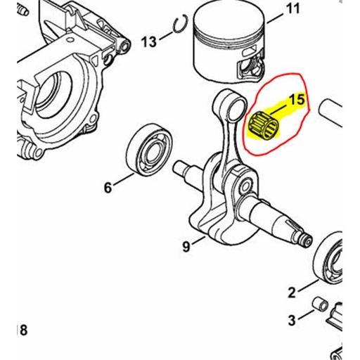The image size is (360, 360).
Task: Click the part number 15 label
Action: click(297, 99)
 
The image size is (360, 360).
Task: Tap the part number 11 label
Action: click(271, 9)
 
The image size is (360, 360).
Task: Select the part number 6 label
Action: click(108, 188)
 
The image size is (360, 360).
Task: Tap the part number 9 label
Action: click(186, 246)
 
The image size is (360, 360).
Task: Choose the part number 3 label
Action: click(292, 321)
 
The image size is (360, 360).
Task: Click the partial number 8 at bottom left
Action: click(23, 330)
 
